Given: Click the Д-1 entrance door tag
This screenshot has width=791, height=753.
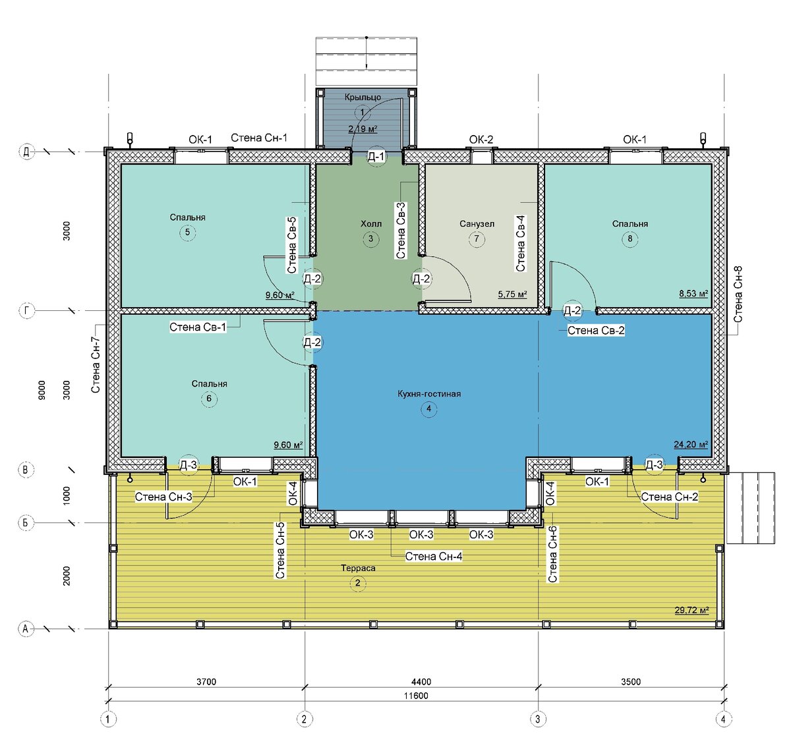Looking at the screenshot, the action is tap(376, 157).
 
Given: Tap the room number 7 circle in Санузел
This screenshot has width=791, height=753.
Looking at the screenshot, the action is tap(477, 239).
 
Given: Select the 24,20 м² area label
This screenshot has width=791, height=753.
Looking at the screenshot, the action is tap(691, 445).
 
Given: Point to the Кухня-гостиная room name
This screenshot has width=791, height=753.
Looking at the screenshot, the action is tap(429, 393).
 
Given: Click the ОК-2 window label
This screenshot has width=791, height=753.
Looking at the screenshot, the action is tap(481, 140).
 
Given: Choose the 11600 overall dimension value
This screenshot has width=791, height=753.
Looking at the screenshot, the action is tap(416, 696).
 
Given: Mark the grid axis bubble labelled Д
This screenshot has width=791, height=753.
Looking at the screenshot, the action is tap(26, 152).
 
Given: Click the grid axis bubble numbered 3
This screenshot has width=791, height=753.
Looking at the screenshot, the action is tap(538, 719).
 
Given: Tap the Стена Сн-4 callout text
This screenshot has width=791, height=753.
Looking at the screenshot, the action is tap(433, 556).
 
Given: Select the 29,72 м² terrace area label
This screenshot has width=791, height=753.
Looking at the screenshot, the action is tap(691, 610).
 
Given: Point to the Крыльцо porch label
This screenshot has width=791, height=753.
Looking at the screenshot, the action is tap(363, 98).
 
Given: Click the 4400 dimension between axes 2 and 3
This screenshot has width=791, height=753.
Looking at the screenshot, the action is tap(421, 681).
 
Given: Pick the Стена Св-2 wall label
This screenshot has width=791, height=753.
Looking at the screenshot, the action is tap(596, 330).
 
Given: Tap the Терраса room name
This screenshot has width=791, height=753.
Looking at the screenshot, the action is tap(358, 568).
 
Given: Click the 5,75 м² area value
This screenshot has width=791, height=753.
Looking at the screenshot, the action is tap(512, 294).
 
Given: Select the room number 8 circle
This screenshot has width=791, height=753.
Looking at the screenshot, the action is tap(630, 238).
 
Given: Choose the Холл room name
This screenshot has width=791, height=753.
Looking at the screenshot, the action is tap(371, 223).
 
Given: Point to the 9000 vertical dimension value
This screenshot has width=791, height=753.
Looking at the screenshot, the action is tap(42, 390).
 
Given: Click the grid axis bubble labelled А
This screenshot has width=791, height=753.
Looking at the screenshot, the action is tap(26, 628).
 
